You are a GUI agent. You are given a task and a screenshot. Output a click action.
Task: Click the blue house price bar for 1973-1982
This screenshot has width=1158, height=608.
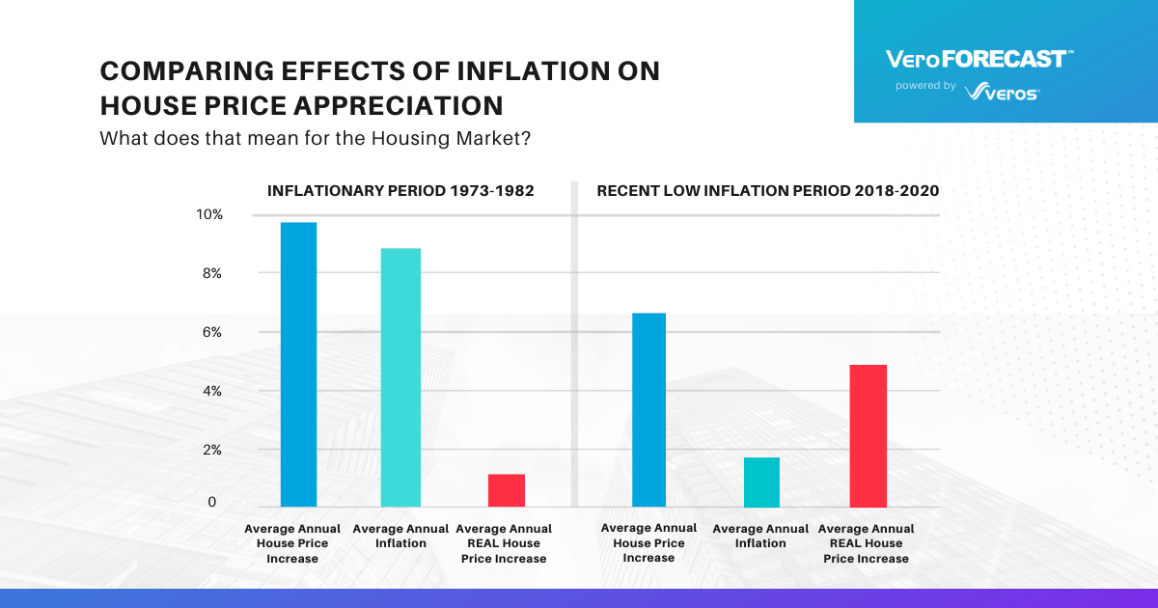click(x=298, y=365)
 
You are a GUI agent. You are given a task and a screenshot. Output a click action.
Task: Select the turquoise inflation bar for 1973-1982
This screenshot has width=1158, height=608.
click(x=400, y=377)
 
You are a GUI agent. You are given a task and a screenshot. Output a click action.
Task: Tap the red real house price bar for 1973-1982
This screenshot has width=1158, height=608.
click(x=506, y=490)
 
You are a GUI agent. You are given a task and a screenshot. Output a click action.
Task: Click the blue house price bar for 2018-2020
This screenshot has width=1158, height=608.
click(x=648, y=409)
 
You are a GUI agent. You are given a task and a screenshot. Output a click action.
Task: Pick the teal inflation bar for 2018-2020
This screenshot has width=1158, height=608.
click(x=761, y=482)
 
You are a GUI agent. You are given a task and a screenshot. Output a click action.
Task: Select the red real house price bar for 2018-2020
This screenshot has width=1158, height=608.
click(x=868, y=435)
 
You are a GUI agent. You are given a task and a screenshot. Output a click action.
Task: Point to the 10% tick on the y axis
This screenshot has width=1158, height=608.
click(x=209, y=214)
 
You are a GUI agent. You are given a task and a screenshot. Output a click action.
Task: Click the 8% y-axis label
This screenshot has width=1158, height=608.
click(x=211, y=273)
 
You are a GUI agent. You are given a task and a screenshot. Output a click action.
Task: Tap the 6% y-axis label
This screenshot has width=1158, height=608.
click(x=211, y=332)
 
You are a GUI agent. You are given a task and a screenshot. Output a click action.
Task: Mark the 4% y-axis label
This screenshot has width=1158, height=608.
click(x=211, y=391)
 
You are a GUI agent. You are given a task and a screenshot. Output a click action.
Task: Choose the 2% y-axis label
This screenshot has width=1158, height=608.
click(x=211, y=450)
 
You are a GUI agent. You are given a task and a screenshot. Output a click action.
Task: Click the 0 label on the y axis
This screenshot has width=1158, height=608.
click(x=212, y=503)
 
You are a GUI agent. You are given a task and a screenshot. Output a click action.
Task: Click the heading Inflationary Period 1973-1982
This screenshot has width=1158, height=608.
click(x=400, y=191)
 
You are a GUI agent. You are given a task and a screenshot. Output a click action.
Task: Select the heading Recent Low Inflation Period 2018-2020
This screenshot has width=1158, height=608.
click(x=768, y=191)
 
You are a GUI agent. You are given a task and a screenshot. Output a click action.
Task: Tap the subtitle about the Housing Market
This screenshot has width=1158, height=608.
click(x=317, y=138)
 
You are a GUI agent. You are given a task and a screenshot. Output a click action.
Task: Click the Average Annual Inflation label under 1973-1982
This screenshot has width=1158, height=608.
click(x=400, y=536)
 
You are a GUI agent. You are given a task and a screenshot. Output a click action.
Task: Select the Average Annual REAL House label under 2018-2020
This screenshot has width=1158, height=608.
click(x=866, y=543)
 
